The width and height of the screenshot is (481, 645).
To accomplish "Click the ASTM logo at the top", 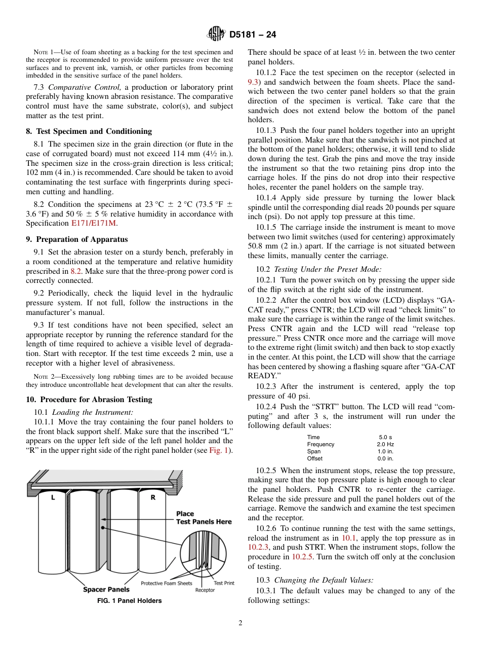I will pos(216,34).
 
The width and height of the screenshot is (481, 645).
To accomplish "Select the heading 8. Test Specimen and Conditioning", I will pos(89,131).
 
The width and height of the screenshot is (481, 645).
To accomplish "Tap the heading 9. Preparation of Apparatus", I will pos(76,239).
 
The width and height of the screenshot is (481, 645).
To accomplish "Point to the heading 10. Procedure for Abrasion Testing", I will pos(89,400).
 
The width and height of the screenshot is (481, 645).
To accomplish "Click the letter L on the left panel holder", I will pos(53,498).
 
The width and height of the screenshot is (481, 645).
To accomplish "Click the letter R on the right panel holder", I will pos(153,498).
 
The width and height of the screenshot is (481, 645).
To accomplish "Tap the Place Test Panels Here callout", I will pos(204,518).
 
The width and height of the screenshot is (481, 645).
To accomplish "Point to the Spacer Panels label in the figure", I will pos(106,589).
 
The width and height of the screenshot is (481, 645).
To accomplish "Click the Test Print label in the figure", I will pos(224,583).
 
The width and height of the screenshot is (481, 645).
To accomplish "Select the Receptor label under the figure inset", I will pos(205,590).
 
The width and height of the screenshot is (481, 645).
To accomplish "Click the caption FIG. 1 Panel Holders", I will pos(129,601).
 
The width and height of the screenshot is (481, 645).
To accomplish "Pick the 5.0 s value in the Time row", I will pos(385,437).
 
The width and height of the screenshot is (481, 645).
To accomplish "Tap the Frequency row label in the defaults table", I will pos(320,444).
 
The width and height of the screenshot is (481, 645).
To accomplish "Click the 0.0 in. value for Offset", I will pos(385,458).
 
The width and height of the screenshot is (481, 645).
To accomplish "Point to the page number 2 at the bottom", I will pos(240,623).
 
